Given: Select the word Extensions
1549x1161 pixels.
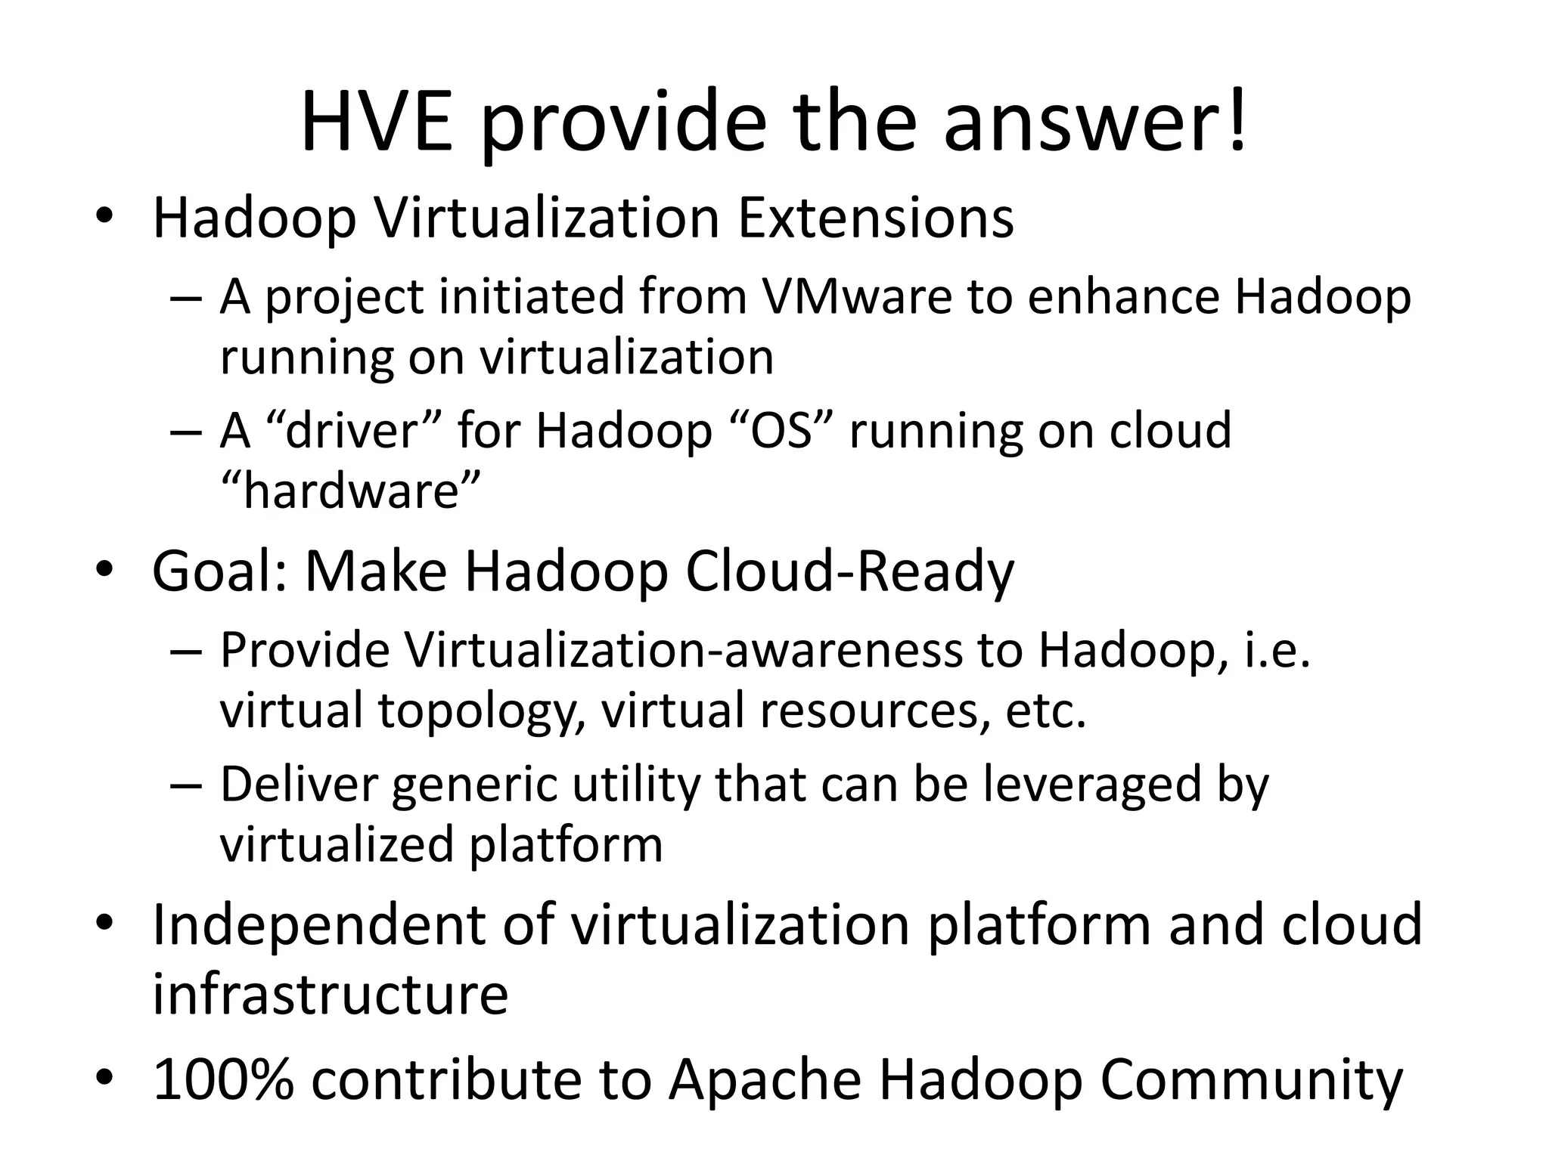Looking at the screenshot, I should [875, 218].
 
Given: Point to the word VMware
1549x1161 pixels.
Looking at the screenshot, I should [856, 296].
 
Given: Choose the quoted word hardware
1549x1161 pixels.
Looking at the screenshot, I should [350, 491].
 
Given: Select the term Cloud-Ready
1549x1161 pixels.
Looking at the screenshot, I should [849, 572].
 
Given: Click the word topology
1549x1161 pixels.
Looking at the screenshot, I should [477, 711].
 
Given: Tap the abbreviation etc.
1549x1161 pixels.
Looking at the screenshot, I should [1045, 711].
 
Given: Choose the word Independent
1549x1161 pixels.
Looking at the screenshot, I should [318, 925].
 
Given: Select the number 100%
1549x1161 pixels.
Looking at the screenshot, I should [223, 1079].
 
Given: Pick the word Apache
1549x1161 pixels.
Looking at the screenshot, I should [765, 1079].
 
